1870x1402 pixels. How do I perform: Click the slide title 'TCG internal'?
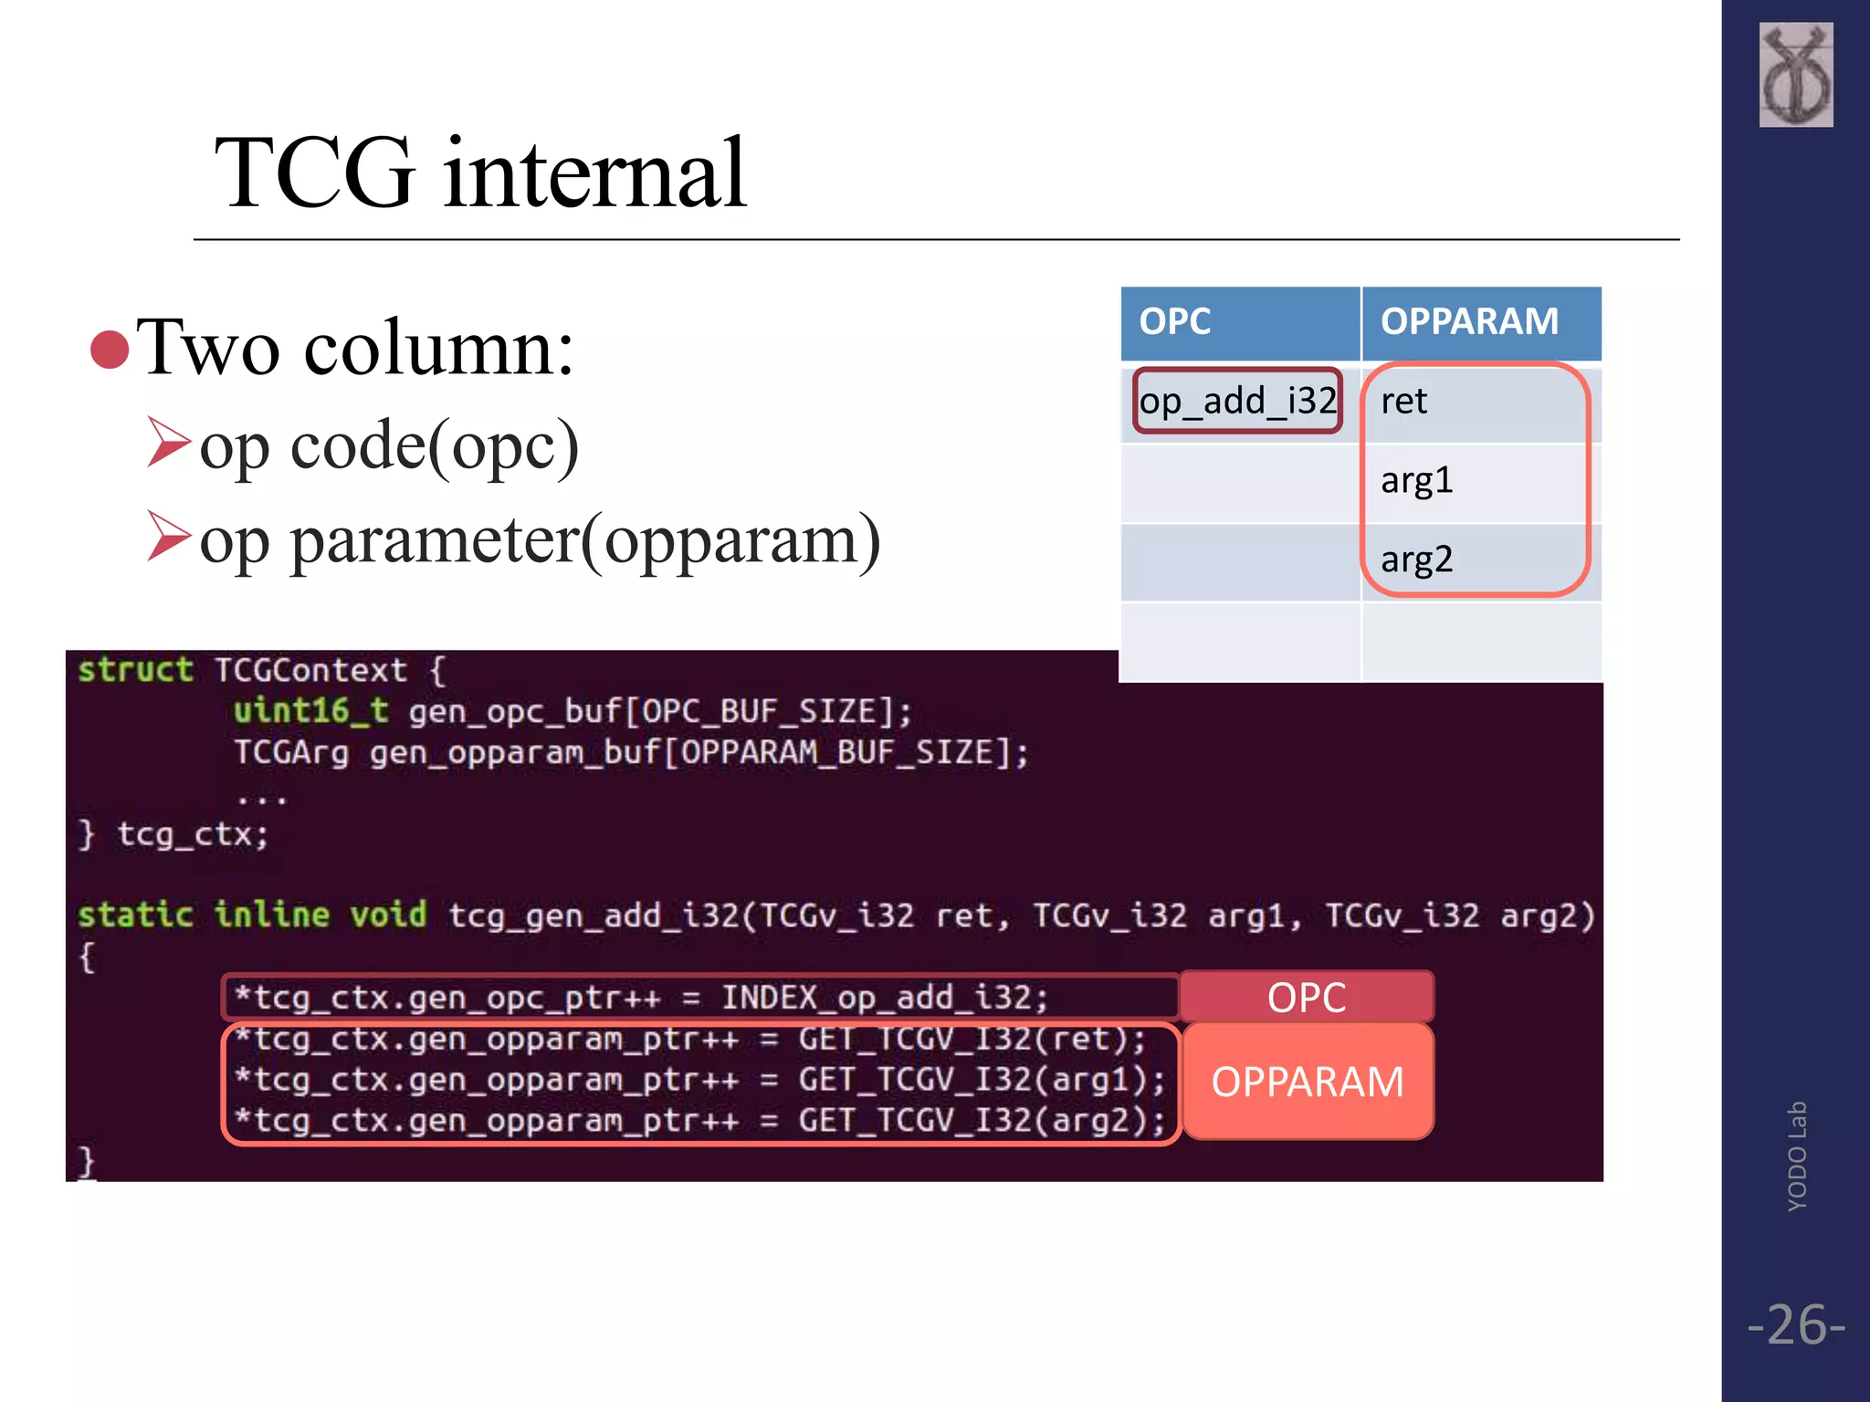click(480, 173)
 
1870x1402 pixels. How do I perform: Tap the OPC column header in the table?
click(1174, 322)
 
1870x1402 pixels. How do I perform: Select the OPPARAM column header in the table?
click(1468, 322)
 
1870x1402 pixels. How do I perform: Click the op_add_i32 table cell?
click(1237, 401)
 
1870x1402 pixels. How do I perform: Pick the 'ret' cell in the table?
click(1403, 402)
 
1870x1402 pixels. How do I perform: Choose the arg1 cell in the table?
click(1416, 480)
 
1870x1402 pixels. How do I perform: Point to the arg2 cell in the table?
click(1416, 559)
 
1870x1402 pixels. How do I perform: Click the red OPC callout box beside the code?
click(1306, 997)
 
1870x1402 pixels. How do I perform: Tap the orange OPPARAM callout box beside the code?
click(1307, 1082)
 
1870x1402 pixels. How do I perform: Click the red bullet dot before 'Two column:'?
click(110, 350)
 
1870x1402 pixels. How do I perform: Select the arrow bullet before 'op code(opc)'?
click(169, 443)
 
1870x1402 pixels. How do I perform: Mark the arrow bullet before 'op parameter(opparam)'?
click(169, 536)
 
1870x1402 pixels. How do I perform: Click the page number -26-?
click(1795, 1324)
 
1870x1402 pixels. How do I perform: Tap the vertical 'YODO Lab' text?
click(1797, 1156)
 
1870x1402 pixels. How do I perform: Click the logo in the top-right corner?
click(1795, 75)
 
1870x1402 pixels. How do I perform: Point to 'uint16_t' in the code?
click(310, 711)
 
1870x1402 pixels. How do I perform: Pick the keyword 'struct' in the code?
click(135, 670)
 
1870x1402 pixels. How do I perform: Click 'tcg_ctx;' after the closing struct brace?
click(193, 834)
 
